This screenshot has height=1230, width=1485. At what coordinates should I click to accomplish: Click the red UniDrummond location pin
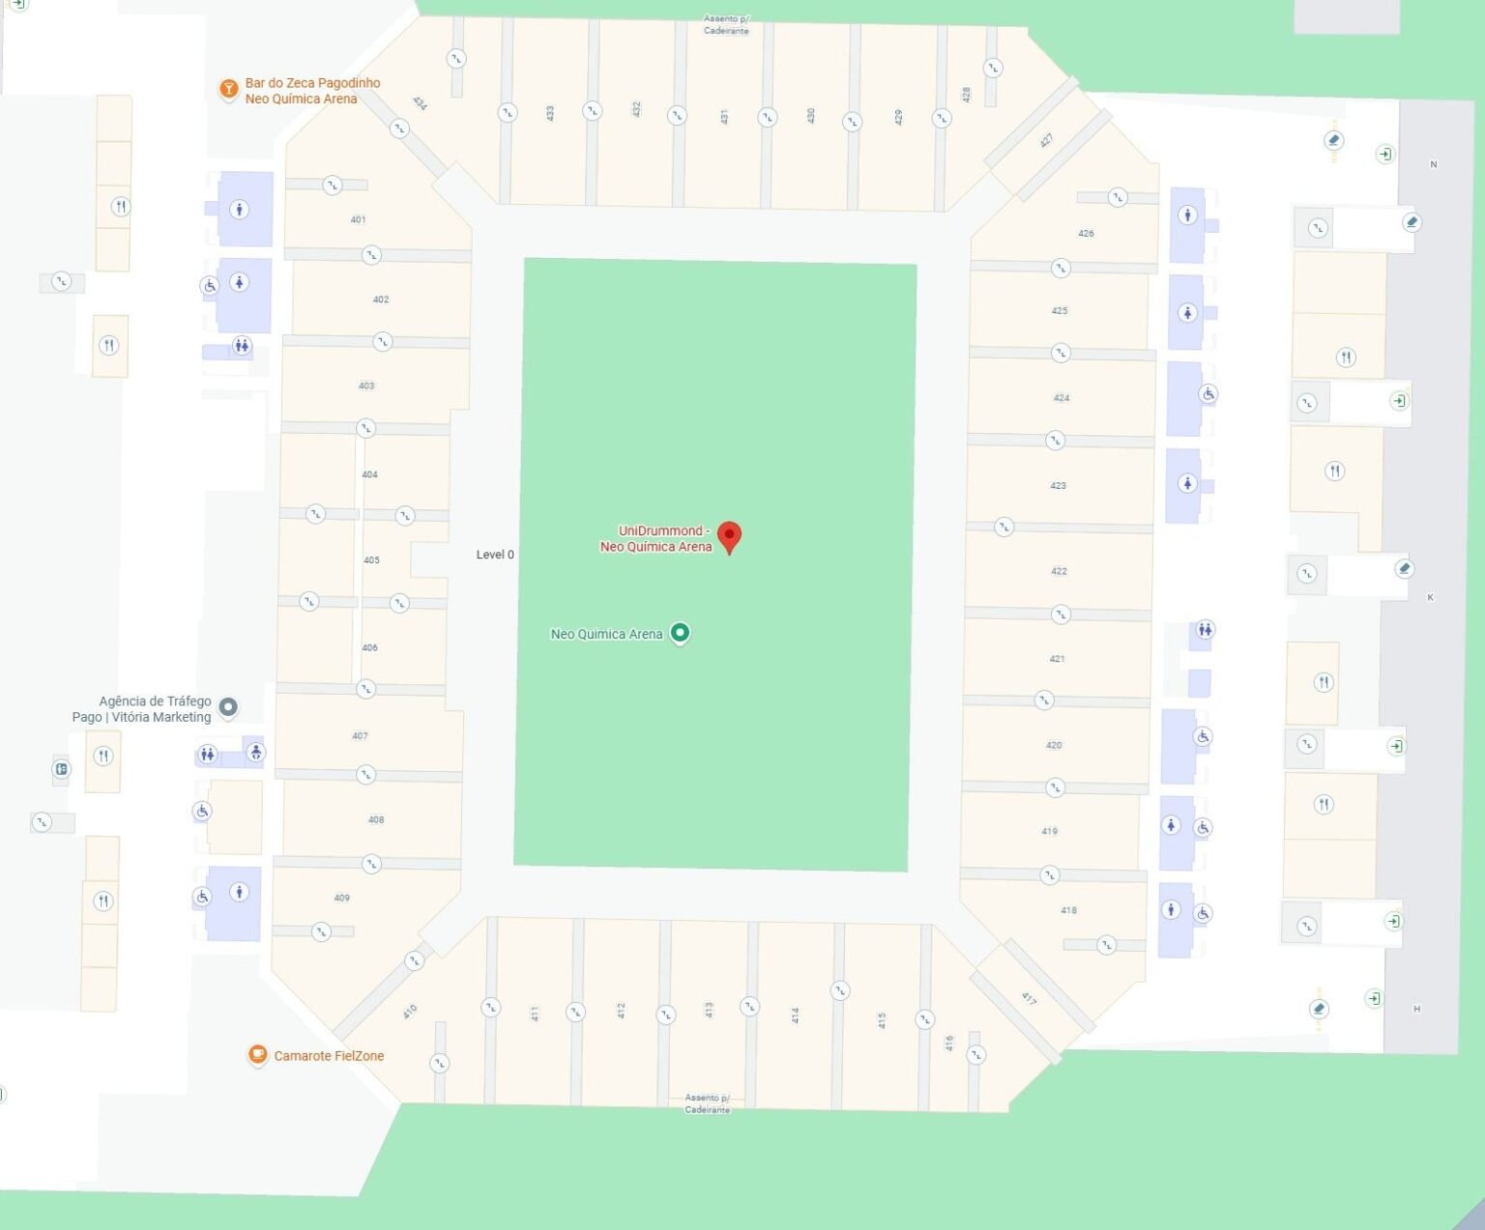tap(729, 535)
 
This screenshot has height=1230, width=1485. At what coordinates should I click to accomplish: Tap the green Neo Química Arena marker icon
tap(680, 633)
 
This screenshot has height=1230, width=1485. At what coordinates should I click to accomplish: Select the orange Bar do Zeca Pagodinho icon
tap(228, 89)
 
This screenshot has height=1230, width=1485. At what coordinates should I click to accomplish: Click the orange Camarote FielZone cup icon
tap(257, 1054)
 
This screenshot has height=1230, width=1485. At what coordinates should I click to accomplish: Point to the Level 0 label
tap(495, 555)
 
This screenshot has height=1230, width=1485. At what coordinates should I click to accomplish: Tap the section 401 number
tap(358, 219)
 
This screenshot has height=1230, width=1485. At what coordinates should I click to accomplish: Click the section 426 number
tap(1086, 233)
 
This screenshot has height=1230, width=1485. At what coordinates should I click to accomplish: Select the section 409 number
tap(341, 898)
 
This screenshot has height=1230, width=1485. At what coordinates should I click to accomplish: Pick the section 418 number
tap(1068, 910)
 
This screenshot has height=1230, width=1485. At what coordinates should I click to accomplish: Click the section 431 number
tap(724, 117)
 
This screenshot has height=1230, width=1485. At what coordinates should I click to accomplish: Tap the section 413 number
tap(709, 1010)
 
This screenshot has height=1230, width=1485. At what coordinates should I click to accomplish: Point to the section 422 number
tap(1059, 571)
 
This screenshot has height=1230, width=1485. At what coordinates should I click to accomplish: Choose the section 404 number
tap(369, 474)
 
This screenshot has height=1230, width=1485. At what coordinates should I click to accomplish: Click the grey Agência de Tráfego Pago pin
tap(228, 706)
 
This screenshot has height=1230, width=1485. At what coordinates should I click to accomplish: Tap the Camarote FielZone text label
tap(329, 1056)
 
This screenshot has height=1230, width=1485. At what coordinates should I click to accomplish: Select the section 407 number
tap(360, 735)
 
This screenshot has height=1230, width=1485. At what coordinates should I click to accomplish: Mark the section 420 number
tap(1054, 745)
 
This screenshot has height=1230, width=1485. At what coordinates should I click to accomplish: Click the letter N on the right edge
tap(1433, 164)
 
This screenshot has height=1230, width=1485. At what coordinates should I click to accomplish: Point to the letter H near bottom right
tap(1416, 1009)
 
